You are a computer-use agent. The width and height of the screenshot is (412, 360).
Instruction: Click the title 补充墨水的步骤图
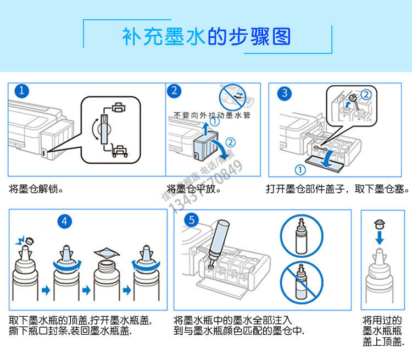(206, 37)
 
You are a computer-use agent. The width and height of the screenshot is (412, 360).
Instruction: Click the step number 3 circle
(284, 93)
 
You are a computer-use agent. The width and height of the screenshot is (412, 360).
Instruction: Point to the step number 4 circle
(65, 221)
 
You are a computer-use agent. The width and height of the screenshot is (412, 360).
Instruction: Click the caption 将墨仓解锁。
(36, 189)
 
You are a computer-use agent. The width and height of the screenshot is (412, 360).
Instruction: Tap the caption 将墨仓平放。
(193, 189)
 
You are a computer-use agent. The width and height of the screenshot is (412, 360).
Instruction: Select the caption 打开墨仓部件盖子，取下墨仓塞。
(337, 189)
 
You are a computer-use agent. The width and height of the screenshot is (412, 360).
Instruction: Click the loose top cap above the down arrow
(378, 224)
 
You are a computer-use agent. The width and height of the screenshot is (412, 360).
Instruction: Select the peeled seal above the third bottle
(107, 253)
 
